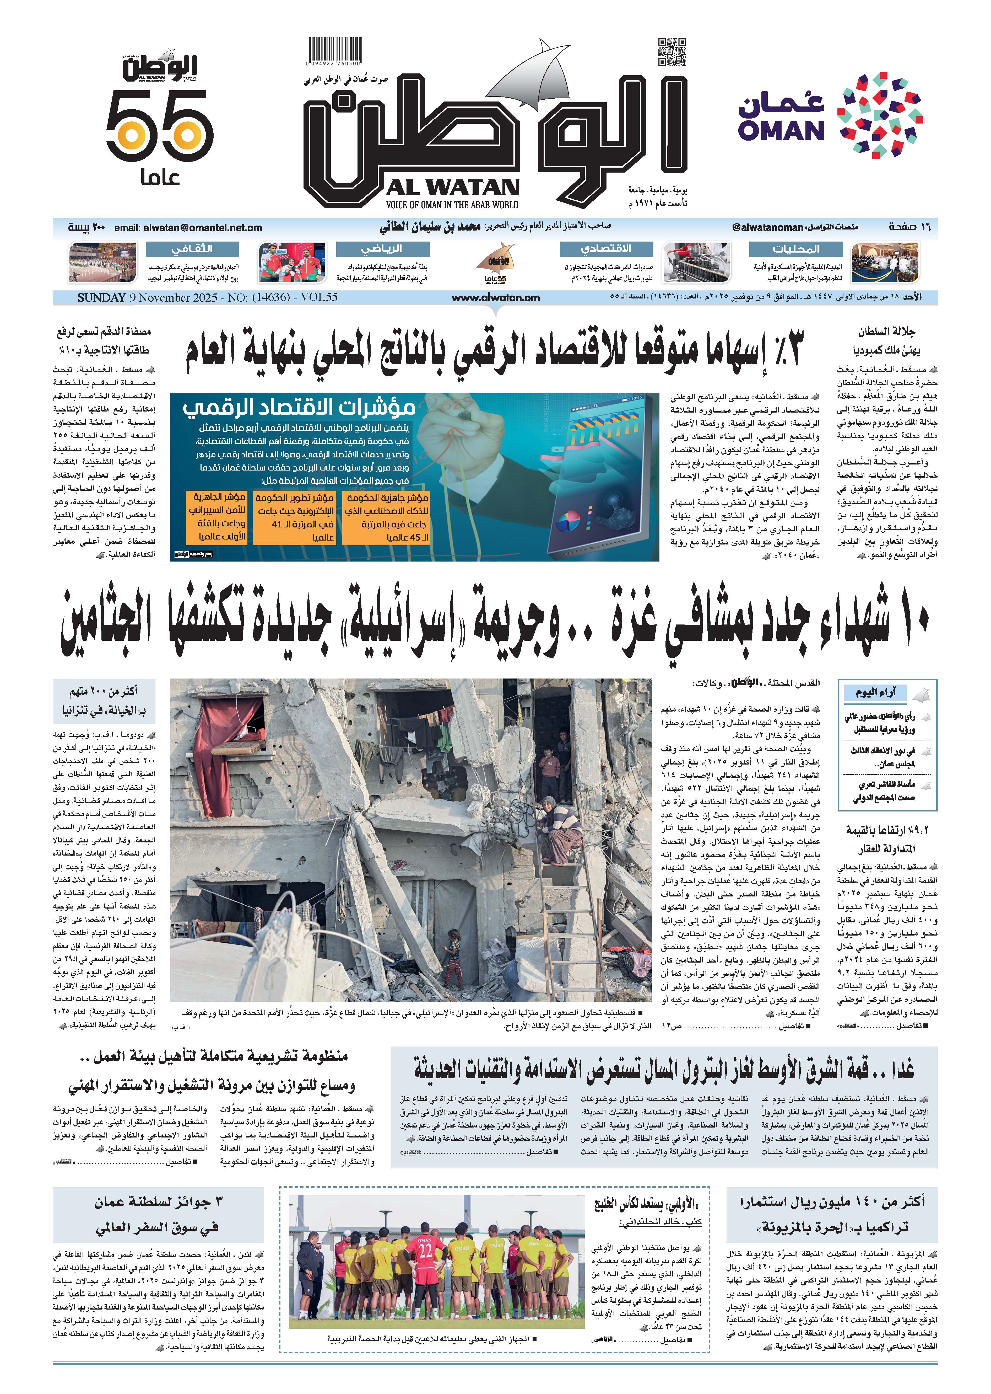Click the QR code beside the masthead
[x=672, y=52]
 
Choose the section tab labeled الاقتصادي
[x=606, y=249]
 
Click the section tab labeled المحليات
[x=796, y=249]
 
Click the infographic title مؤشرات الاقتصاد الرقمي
[x=299, y=407]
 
